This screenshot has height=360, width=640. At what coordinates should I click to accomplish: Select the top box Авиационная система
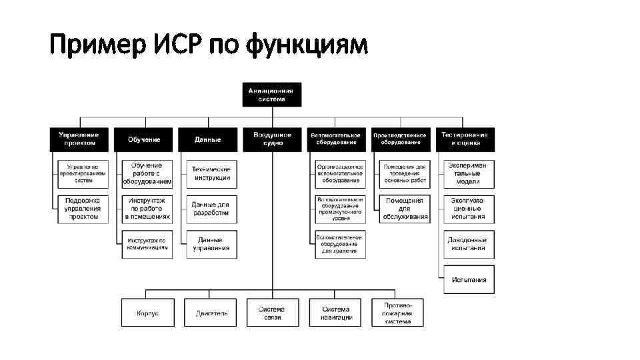271,94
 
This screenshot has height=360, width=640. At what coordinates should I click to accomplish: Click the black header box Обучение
143,139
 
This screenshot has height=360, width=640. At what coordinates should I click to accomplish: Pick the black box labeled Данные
207,139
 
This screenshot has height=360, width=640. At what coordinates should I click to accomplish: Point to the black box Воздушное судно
272,139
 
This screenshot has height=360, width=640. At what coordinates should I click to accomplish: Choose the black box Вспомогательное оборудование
336,139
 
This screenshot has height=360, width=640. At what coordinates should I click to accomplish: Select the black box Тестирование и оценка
465,139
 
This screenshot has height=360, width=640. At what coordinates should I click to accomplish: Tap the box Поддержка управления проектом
81,208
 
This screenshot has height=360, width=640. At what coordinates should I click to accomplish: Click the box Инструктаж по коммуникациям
147,244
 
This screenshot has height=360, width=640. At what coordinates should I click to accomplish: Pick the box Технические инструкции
212,173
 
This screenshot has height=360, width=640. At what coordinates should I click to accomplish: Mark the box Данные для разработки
212,209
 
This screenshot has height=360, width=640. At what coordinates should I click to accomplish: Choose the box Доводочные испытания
469,244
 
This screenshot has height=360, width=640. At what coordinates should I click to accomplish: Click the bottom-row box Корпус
147,313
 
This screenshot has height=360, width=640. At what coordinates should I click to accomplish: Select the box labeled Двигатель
212,313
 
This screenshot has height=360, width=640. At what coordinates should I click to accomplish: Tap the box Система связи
271,313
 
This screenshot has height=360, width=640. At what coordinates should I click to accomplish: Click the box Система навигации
336,313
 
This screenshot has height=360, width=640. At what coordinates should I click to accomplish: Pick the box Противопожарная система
397,313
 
